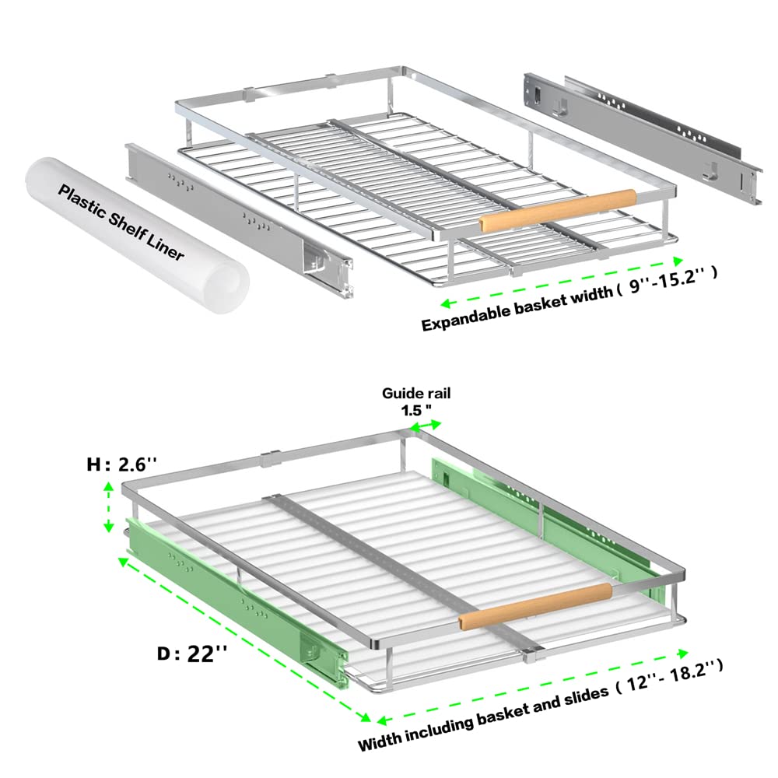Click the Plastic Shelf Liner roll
coord(136,235)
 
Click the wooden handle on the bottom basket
coord(535,606)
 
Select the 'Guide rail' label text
coord(416,394)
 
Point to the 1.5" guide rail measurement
coord(415,410)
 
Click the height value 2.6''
coord(138,464)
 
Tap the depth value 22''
coord(207,654)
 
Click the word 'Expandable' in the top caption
coord(465,317)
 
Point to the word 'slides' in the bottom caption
coord(586,697)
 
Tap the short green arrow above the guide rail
coord(426,426)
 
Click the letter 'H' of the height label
coord(94,465)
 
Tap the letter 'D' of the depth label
coord(165,654)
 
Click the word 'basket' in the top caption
coord(539,303)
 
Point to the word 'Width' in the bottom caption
coord(380,741)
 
